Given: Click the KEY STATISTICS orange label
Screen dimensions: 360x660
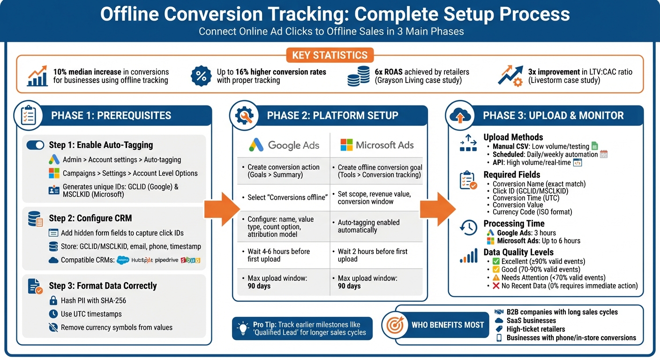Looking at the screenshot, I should point(330,55).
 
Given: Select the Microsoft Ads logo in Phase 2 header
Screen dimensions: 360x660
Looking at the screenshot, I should point(346,145).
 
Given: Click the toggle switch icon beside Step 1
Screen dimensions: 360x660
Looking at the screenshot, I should point(36,145).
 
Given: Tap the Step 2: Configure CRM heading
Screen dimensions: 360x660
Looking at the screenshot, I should point(90,218).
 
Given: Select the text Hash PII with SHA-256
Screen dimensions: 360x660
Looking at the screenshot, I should point(93,300).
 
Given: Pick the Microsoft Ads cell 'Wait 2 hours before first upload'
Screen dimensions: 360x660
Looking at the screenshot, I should point(373,255).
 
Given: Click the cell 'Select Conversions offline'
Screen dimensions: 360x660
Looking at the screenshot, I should point(287,197).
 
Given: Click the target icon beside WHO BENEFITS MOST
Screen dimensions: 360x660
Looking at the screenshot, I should point(393,324).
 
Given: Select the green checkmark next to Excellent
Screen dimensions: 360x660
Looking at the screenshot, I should point(496,262).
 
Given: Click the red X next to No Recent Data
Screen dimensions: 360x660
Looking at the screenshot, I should point(496,285).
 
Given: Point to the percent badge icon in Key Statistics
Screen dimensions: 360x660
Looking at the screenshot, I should point(201,76).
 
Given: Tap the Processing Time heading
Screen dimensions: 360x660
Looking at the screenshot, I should point(514,224).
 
